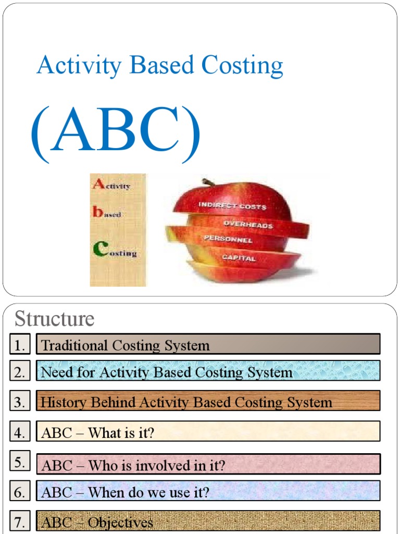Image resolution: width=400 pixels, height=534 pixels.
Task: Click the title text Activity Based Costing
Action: [160, 66]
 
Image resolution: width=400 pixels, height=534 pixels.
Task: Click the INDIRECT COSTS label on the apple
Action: [232, 205]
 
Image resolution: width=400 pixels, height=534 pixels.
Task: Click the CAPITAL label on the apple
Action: [239, 257]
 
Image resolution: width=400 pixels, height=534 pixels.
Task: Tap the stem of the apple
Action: [208, 182]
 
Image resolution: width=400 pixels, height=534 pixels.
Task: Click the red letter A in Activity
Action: [98, 184]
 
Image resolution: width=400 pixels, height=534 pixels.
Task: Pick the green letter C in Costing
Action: [99, 249]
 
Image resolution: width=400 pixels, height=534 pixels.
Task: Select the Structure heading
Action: [54, 318]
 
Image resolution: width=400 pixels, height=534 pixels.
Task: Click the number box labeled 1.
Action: [20, 345]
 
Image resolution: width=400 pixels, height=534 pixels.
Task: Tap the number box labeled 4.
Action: [20, 432]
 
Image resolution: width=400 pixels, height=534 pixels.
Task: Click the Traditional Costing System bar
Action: [208, 345]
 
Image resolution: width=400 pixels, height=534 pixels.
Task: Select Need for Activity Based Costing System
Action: [208, 372]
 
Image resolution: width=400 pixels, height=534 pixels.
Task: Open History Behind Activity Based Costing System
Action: [208, 402]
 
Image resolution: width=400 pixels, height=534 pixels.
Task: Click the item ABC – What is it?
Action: [208, 432]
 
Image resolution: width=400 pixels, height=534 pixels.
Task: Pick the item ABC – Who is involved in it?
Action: [208, 465]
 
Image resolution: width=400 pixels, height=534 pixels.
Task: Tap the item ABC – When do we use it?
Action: [208, 492]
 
